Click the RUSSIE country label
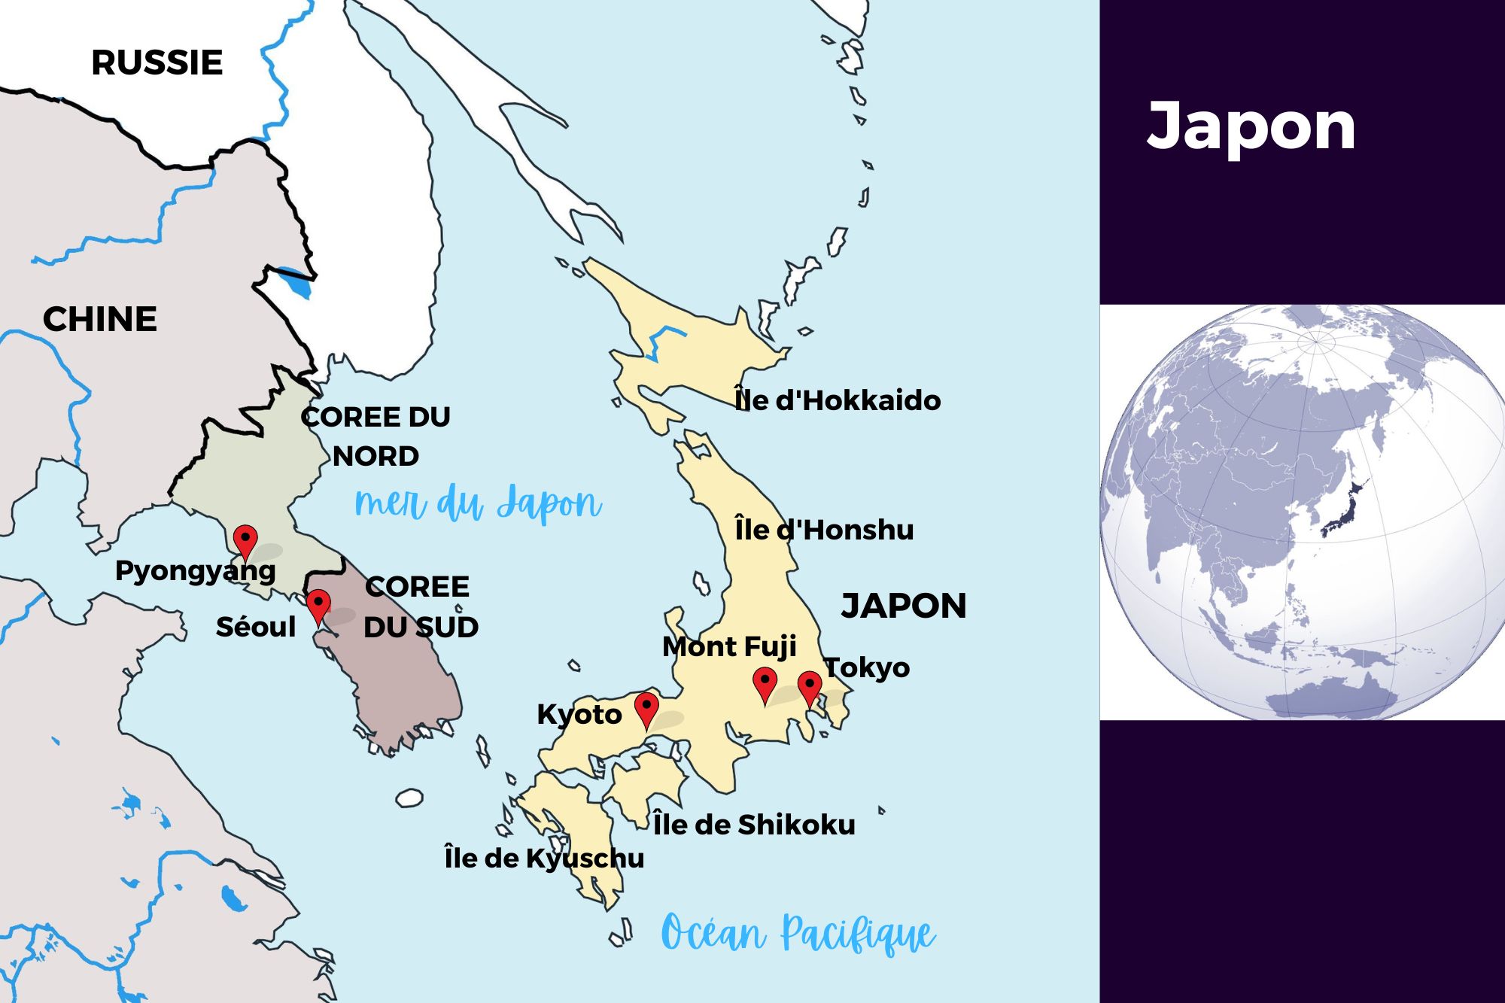(157, 62)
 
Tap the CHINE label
(99, 319)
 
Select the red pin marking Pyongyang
(245, 539)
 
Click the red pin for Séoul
(318, 604)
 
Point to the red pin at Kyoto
(646, 707)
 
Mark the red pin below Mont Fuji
(765, 682)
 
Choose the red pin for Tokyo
(810, 686)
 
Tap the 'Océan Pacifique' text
(798, 934)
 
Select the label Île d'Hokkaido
(837, 400)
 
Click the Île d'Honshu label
(824, 530)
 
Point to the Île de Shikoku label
(754, 825)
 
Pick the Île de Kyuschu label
(544, 858)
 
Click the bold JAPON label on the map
(903, 606)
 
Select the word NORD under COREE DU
(375, 456)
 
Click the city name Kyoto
(579, 714)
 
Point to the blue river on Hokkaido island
(662, 339)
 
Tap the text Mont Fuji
(728, 646)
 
